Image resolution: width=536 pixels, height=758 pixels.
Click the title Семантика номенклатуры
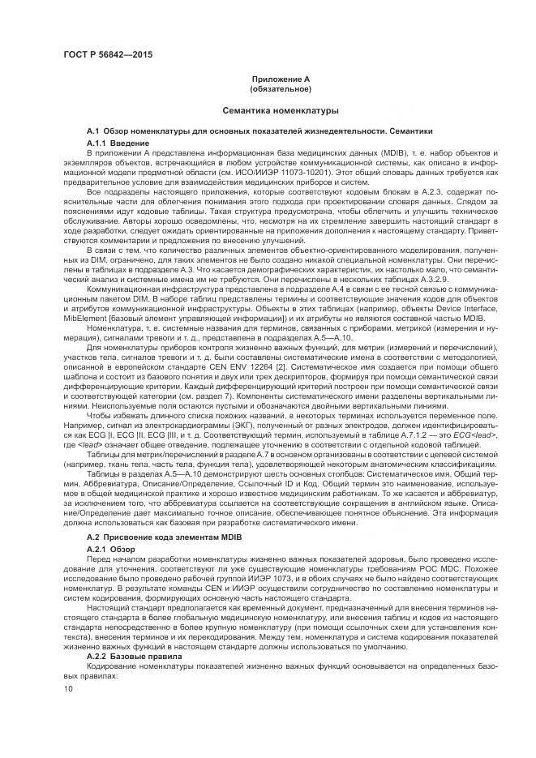268,109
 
